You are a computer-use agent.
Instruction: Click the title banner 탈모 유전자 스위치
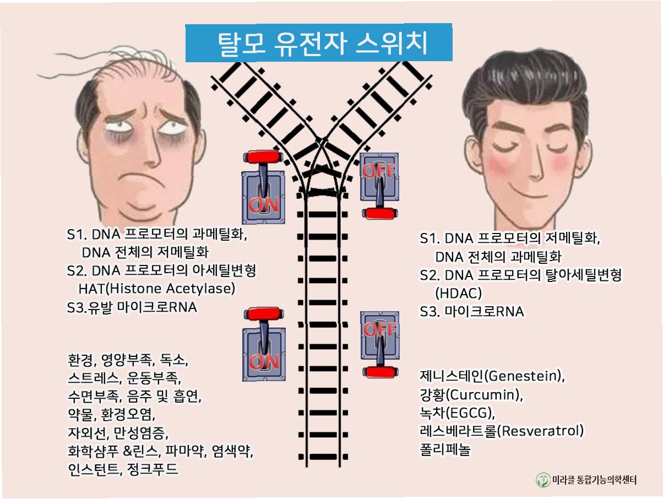pyautogui.click(x=318, y=44)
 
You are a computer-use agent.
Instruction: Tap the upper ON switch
pyautogui.click(x=263, y=187)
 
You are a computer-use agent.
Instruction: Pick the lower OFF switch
pyautogui.click(x=378, y=343)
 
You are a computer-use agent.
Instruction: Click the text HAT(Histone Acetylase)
pyautogui.click(x=157, y=289)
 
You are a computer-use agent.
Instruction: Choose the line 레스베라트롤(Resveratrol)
pyautogui.click(x=502, y=430)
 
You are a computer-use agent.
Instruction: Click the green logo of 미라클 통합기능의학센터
pyautogui.click(x=543, y=480)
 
